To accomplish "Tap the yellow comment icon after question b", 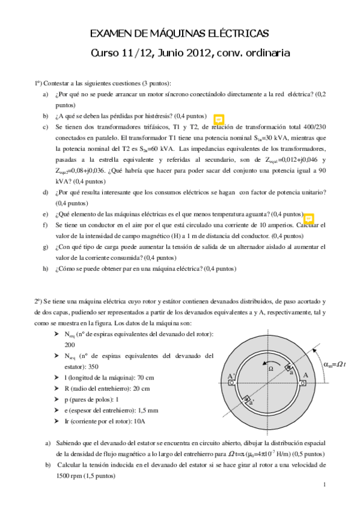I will click(x=219, y=118).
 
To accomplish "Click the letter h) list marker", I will click(x=46, y=269).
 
